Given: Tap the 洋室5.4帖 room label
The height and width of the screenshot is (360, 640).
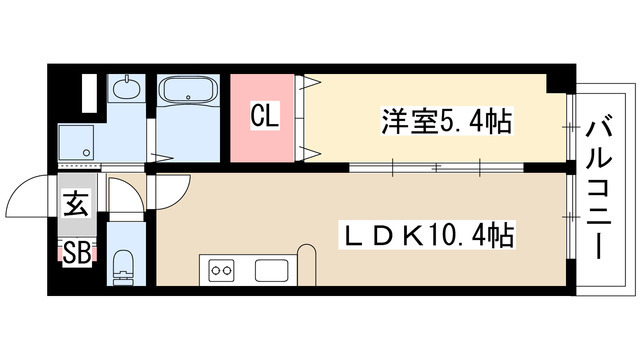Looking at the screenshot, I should tap(446, 122).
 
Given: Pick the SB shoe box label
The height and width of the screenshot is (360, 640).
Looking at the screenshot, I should tap(76, 251).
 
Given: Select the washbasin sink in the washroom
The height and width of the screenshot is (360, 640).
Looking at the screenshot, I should tap(126, 91).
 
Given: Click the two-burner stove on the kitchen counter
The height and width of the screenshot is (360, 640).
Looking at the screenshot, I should tap(220, 270).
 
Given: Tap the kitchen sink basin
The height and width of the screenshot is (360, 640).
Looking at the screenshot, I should tap(271, 270).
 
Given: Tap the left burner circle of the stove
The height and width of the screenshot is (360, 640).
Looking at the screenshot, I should tap(214, 270).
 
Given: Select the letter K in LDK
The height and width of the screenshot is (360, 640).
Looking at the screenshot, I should tap(410, 236).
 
